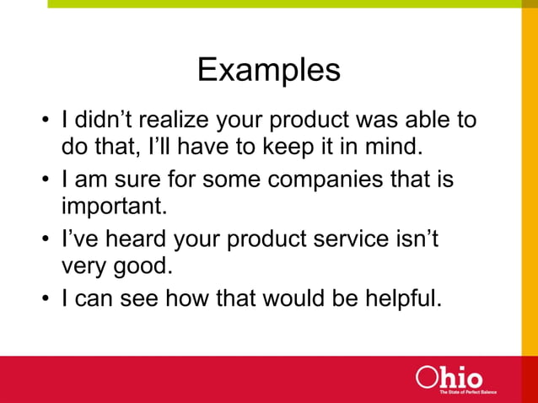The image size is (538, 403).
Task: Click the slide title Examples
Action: click(268, 70)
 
